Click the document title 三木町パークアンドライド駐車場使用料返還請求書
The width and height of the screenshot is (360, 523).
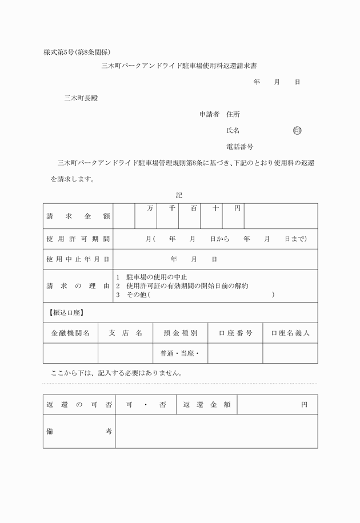[179, 66]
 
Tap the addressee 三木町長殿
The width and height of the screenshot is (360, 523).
[81, 98]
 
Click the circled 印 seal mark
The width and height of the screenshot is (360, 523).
[297, 131]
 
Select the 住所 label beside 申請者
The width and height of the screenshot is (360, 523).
[233, 114]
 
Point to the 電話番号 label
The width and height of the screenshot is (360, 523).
[240, 147]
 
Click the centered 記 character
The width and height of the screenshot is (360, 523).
[179, 195]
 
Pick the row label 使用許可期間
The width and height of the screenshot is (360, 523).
[78, 239]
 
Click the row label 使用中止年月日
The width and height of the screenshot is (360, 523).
[78, 259]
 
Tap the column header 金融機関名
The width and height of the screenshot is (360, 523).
[70, 333]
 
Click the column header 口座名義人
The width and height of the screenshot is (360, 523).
[290, 333]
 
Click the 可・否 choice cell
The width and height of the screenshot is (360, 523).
[146, 405]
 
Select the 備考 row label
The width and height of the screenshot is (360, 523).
[78, 432]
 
